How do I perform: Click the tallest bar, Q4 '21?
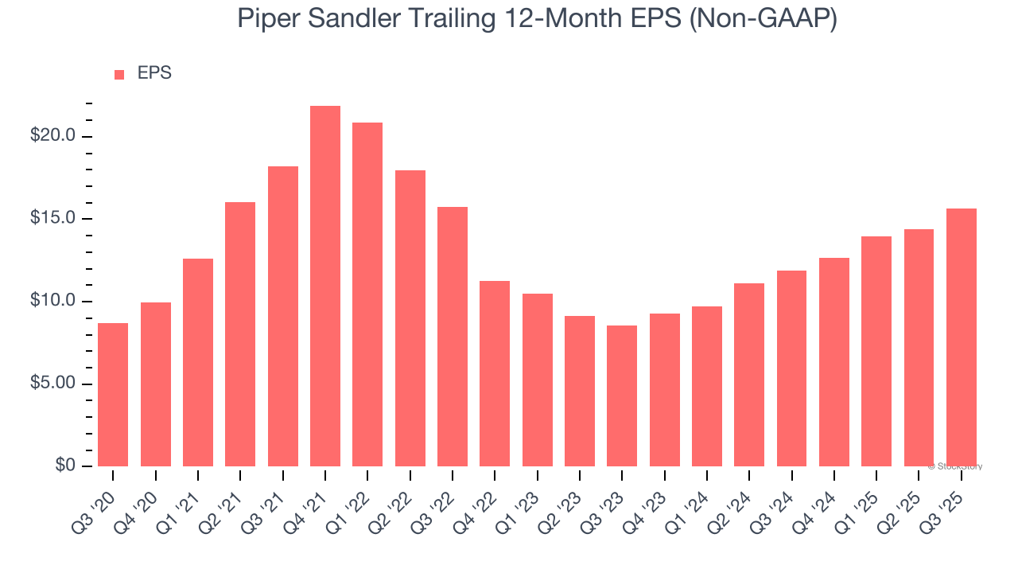[x=325, y=286]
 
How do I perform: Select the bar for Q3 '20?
[x=113, y=394]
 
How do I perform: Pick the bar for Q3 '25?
[x=961, y=337]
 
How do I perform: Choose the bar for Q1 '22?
[x=367, y=294]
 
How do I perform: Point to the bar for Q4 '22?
[x=495, y=373]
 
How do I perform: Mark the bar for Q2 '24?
[x=749, y=374]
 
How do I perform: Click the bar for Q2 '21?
[x=240, y=333]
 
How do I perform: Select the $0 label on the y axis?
[x=65, y=466]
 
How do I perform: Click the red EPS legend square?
[x=119, y=74]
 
